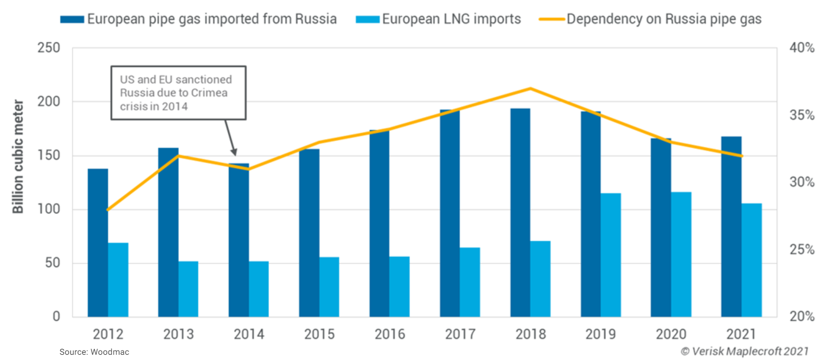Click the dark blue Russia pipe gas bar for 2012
98,243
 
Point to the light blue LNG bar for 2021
752,260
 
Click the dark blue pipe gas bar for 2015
309,233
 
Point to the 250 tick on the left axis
49,48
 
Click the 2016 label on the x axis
389,333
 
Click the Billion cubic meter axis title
18,155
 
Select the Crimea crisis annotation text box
178,93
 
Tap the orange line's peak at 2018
530,88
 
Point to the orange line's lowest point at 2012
108,210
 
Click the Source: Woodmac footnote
94,353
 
